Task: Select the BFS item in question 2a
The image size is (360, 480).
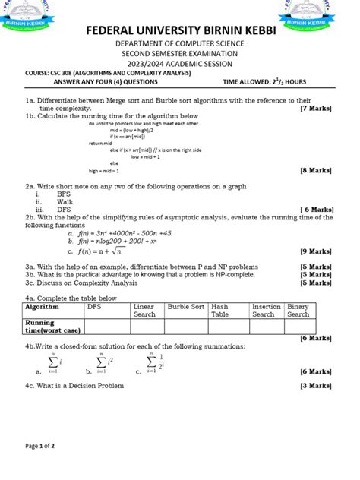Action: (x=64, y=194)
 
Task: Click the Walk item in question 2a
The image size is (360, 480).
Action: (x=65, y=202)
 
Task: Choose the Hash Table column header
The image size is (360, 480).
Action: (x=220, y=310)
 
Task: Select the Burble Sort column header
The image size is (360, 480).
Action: (x=186, y=306)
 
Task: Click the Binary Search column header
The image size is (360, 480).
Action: (x=298, y=310)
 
